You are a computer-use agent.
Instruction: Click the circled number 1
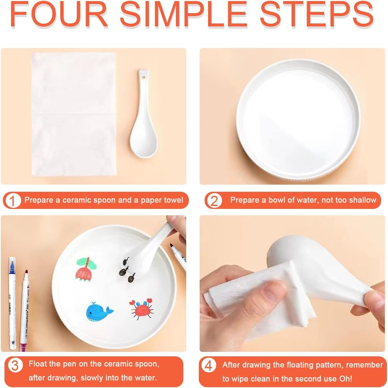click(x=12, y=201)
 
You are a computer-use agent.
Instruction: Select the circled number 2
click(x=214, y=201)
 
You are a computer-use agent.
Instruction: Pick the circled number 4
click(x=209, y=365)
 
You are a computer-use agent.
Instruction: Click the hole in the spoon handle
click(x=144, y=77)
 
